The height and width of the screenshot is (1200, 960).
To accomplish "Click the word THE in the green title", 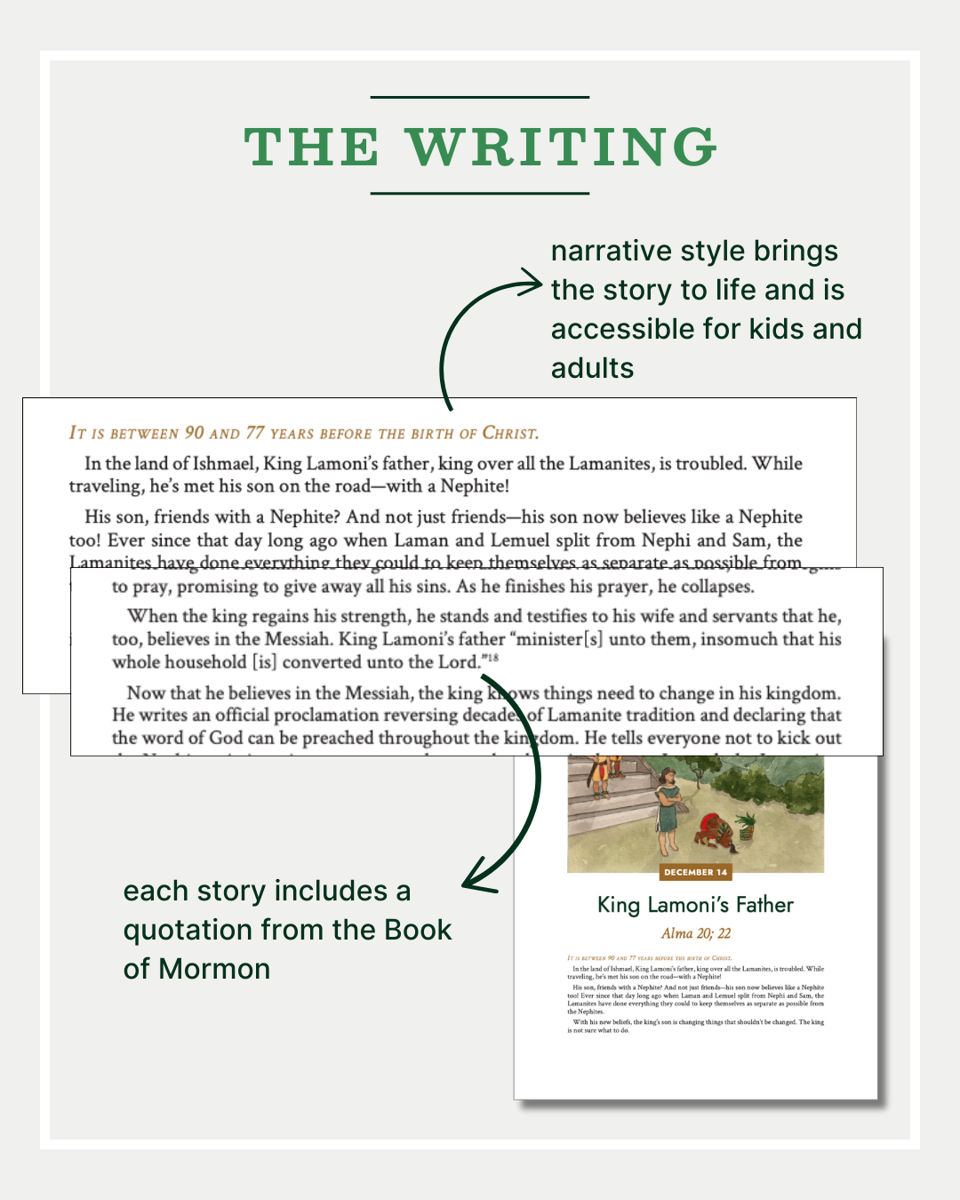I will pos(312,147).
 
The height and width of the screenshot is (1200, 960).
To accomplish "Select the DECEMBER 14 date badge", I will pos(696,872).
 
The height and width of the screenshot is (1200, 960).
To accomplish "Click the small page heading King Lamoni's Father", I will pos(695,905).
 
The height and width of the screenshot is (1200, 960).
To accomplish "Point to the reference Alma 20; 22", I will pos(695,933).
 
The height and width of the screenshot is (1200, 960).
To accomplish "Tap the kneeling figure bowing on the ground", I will pos(711,831).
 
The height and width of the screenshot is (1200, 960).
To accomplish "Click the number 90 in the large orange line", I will pos(194,433).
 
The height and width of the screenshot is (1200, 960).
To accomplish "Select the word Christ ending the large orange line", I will pos(509,433).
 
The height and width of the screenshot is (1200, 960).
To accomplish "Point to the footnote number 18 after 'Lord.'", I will pos(492,658).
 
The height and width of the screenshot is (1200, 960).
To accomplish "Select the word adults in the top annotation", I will pos(592,368).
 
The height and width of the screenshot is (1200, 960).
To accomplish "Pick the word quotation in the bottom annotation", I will pos(188,930).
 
